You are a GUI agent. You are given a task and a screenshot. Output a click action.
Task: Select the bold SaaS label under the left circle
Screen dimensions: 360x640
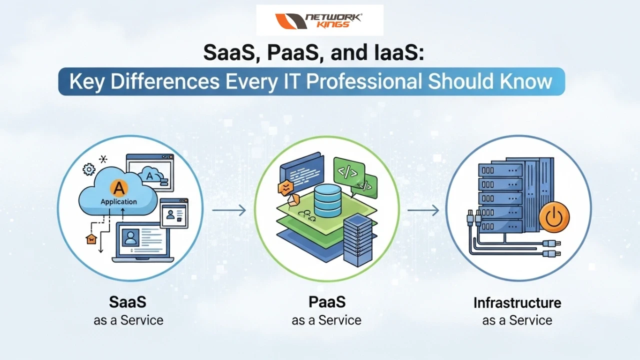[x=128, y=302]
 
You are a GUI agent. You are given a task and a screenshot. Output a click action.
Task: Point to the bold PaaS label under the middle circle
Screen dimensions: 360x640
[x=326, y=302]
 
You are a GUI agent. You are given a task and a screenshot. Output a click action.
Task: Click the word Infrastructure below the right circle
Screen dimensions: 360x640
[x=517, y=303]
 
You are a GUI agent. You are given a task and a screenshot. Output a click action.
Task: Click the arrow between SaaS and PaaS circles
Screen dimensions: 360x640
[x=229, y=210]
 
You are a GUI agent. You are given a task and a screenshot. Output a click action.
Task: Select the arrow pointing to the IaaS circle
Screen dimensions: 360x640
[x=423, y=210]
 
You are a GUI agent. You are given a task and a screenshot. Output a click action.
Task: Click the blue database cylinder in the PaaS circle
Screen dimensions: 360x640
[x=327, y=197]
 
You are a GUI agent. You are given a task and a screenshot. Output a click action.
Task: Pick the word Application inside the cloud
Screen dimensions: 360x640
[x=118, y=201]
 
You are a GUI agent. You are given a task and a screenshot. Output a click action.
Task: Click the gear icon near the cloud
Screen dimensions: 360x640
[x=88, y=170]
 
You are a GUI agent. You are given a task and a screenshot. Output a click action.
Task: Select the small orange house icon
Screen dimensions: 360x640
[x=90, y=239]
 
